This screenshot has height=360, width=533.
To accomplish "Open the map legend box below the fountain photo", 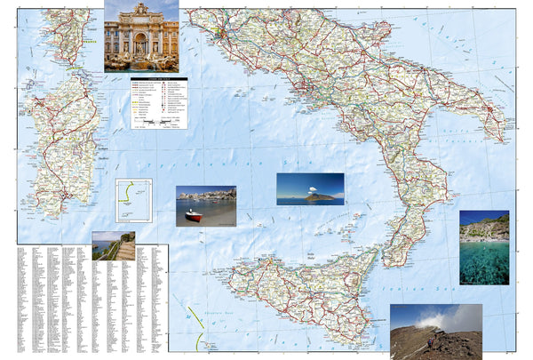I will [x=159, y=103].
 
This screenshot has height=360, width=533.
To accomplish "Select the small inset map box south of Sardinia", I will [x=133, y=201].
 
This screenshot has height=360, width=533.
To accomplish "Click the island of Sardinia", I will [x=62, y=142].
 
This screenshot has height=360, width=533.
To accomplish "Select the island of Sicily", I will [x=302, y=289].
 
